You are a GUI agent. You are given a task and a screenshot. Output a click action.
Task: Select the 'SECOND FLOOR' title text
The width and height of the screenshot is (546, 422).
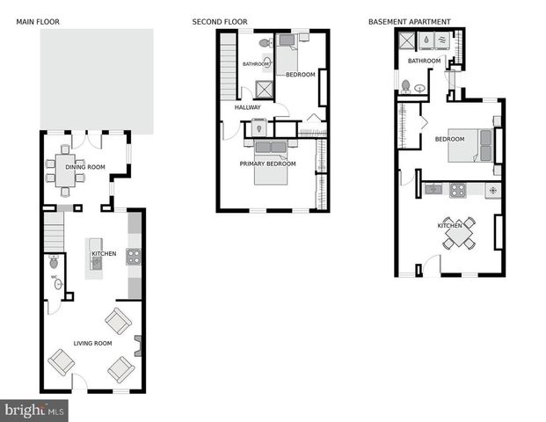click(x=220, y=22)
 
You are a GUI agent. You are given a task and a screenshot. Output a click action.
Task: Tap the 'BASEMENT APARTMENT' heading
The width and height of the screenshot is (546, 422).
click(x=409, y=22)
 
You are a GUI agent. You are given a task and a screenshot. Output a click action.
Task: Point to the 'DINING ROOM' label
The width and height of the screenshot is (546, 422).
click(x=84, y=167)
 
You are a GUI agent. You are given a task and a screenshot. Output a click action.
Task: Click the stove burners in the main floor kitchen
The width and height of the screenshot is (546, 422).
click(x=134, y=257)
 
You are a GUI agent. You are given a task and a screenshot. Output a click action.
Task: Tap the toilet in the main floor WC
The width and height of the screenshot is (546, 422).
click(x=55, y=262)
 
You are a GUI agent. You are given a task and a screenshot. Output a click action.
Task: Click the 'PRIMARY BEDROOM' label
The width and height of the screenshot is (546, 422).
click(x=268, y=164)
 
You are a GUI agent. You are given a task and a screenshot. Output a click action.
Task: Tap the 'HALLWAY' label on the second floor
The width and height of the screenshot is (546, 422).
click(x=247, y=107)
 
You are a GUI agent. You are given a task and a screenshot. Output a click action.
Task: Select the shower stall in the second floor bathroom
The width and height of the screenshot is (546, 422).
click(x=263, y=89)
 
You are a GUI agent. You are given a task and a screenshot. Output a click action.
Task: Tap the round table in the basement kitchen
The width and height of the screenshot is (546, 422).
click(x=457, y=233)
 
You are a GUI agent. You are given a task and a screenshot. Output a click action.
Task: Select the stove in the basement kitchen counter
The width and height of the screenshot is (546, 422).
click(x=457, y=189)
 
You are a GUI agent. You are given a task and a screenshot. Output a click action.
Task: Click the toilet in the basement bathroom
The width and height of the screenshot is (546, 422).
click(x=405, y=85)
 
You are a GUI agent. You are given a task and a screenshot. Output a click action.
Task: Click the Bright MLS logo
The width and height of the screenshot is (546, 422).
click(x=35, y=410)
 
